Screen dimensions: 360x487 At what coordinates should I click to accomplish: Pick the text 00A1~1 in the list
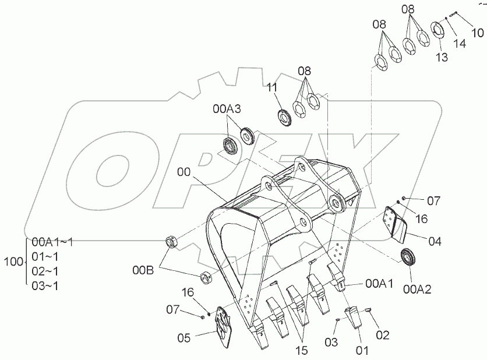click(x=52, y=242)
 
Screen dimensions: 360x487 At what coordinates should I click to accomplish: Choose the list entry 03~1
click(x=45, y=285)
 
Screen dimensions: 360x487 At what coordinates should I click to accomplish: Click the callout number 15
click(x=302, y=351)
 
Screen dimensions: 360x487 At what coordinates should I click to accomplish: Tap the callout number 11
click(x=272, y=88)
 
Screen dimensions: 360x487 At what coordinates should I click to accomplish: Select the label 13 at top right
click(x=440, y=57)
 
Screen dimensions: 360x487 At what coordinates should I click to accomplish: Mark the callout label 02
click(x=382, y=335)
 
